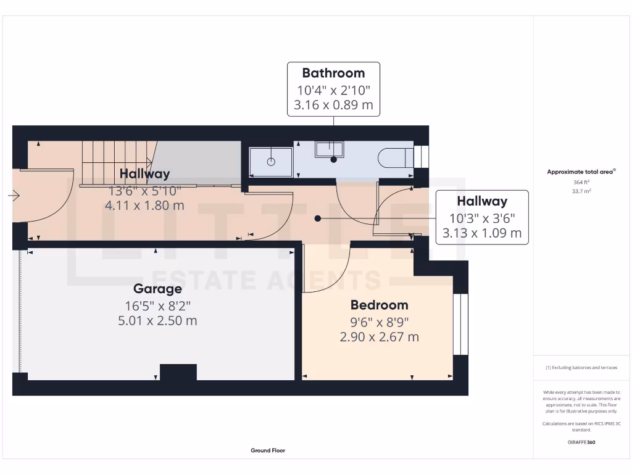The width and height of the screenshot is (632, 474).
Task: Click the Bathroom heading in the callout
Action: pos(333,73)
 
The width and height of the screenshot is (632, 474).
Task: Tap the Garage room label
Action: pos(157,289)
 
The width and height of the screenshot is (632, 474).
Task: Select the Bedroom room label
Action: pos(379,305)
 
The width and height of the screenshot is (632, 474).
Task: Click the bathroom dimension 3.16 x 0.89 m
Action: pos(333,104)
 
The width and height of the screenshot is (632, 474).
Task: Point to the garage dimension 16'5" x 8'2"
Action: pos(157,305)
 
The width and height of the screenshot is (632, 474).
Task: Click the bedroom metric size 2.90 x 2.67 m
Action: pos(379,337)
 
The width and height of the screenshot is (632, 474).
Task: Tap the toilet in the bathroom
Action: pos(394,158)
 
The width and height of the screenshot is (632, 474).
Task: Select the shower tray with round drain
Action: pos(271,162)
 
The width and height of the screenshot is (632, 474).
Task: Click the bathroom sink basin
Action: pos(330,149)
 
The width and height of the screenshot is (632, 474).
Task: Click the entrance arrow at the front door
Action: pos(14,196)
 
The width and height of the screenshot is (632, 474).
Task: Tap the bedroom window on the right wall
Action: pos(460,325)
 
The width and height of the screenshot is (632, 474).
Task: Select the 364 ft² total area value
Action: pos(581,183)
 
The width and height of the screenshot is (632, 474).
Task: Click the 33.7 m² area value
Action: pos(581,191)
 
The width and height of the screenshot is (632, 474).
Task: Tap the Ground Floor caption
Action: pos(268,451)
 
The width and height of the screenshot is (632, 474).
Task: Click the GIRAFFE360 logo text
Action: pos(581,442)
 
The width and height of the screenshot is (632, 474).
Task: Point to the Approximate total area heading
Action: pos(580,172)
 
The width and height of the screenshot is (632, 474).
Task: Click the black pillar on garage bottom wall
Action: pos(178,372)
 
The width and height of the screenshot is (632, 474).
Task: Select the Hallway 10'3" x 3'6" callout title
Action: pos(482,201)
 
